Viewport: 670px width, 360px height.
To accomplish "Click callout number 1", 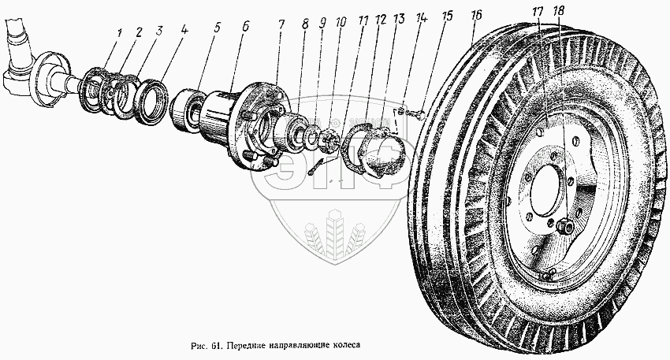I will click(x=119, y=33).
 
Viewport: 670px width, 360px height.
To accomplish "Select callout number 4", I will click(x=184, y=34).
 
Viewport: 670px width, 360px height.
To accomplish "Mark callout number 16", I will click(x=475, y=15).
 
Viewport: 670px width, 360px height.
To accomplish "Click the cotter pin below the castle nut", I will click(x=316, y=166).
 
